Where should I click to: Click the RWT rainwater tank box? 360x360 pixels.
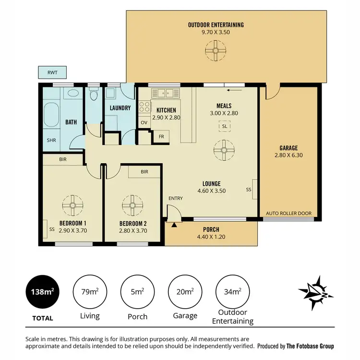52,73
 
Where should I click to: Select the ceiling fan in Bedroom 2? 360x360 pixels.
132,205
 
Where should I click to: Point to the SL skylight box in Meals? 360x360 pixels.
224,126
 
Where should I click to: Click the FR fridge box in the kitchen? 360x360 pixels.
161,137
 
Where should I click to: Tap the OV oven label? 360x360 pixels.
144,122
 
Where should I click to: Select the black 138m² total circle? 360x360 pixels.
42,292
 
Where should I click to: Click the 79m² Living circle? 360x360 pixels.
90,292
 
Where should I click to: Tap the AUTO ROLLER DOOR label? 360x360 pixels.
288,213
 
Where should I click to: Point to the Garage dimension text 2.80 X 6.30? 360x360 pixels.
288,155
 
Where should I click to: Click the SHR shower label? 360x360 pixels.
51,141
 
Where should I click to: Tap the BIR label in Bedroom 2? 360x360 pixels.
144,171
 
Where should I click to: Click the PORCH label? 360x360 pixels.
211,229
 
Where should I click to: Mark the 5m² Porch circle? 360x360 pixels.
138,292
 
